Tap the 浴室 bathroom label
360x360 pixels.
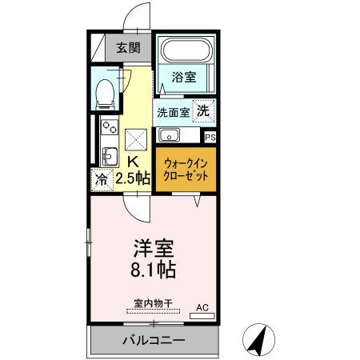[184, 78]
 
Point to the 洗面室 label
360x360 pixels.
[173, 112]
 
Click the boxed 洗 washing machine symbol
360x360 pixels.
[204, 111]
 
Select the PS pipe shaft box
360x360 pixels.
[210, 137]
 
